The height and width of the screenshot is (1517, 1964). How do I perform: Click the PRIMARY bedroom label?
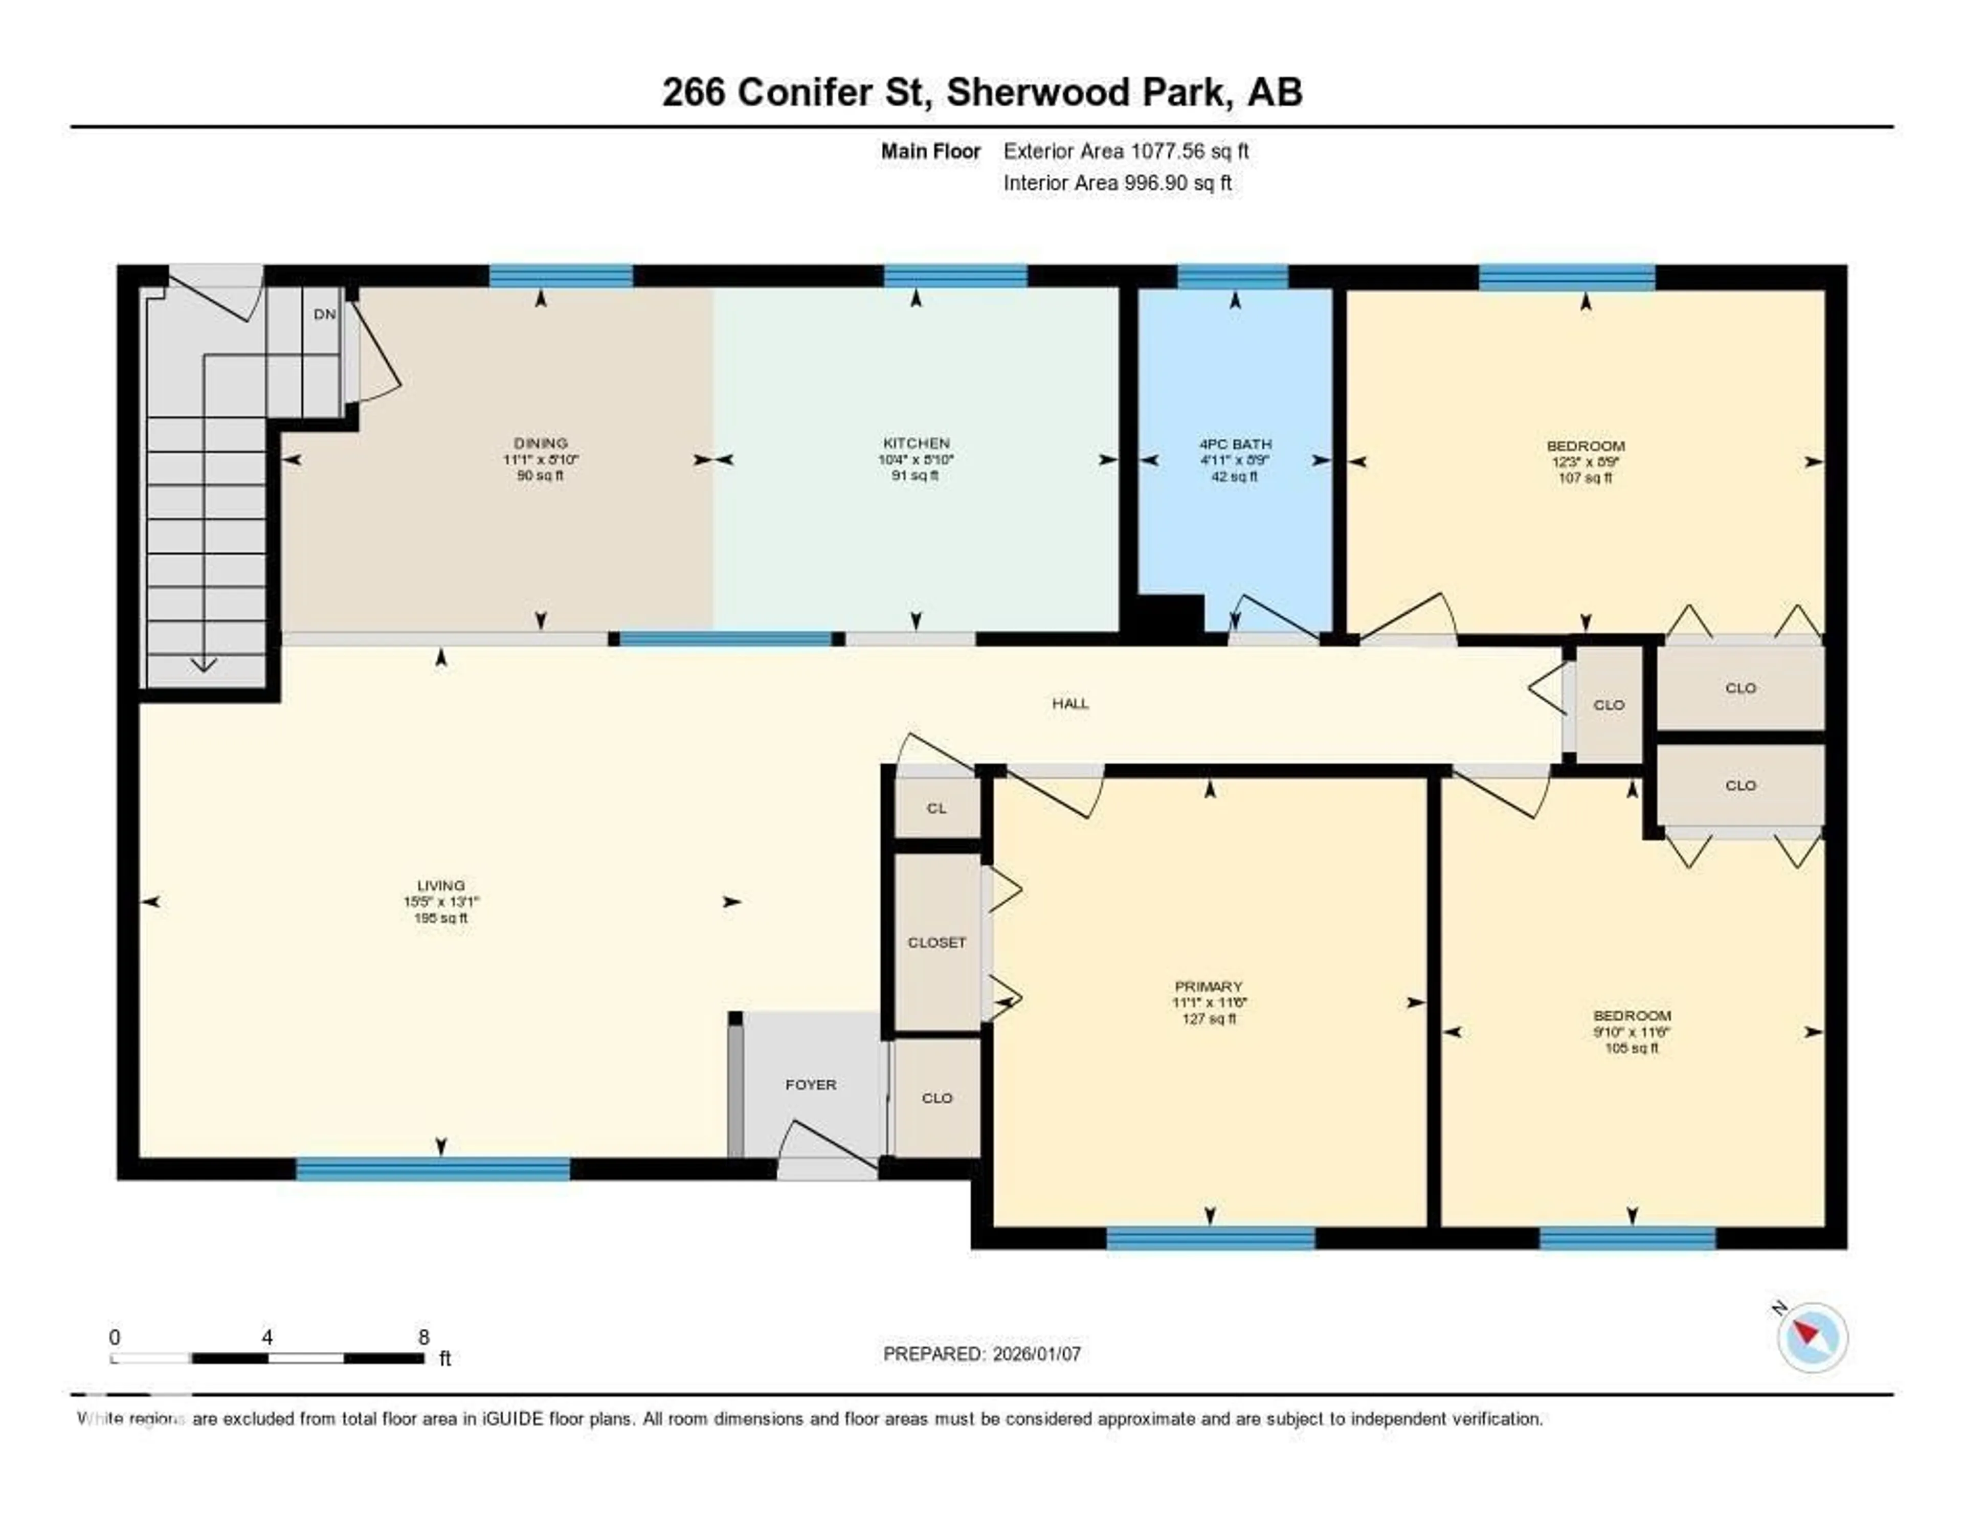(1208, 987)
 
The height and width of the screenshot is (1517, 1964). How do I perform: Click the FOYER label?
(810, 1084)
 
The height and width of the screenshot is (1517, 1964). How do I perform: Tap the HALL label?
(1070, 703)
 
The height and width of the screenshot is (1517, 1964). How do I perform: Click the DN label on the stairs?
(325, 314)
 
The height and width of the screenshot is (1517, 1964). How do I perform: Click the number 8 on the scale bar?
(423, 1337)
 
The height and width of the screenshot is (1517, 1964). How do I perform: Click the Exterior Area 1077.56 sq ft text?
(1126, 151)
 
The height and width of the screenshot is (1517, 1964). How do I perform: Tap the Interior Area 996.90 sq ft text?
(1117, 183)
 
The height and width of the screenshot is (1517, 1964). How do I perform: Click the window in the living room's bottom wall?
(433, 1169)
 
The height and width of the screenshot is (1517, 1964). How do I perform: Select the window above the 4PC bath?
(1232, 276)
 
